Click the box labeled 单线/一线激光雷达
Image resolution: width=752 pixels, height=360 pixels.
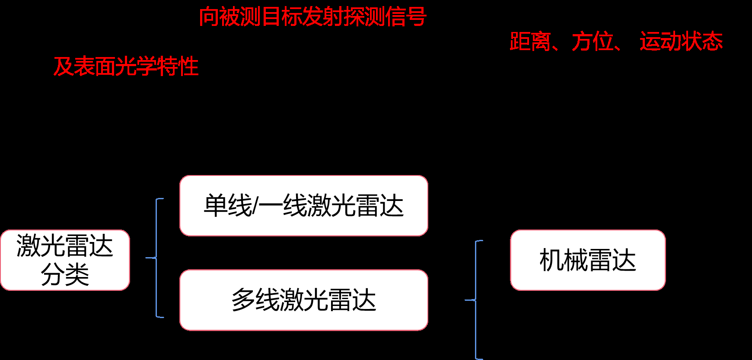click(x=303, y=206)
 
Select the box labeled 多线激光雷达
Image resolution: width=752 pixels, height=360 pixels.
click(x=303, y=300)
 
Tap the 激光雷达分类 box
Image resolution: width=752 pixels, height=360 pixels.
click(x=65, y=260)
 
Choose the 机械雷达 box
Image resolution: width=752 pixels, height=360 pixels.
click(x=587, y=260)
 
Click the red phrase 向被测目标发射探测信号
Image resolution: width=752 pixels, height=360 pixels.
click(x=312, y=17)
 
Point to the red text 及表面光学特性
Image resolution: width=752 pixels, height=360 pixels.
click(x=126, y=67)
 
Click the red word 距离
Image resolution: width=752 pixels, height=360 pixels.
click(x=530, y=41)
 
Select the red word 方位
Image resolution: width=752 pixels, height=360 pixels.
click(x=593, y=41)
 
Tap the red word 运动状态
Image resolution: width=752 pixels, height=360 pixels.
click(x=681, y=41)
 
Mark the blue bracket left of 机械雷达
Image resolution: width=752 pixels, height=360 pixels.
click(x=476, y=299)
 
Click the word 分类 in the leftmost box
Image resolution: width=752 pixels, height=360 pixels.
click(x=65, y=274)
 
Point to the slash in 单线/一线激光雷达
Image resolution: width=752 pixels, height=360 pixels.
click(x=255, y=206)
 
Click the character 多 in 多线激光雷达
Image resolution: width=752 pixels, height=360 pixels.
click(x=243, y=300)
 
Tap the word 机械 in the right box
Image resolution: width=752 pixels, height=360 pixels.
click(x=563, y=260)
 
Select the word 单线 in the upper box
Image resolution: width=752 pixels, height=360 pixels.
click(x=228, y=206)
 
